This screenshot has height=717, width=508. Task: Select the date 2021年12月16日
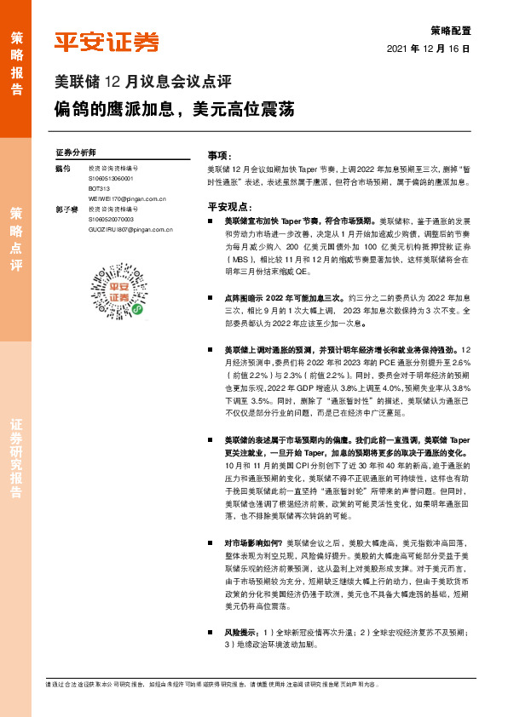click(x=429, y=49)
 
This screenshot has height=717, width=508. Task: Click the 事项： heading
click(x=219, y=156)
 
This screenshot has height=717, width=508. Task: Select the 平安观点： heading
click(x=230, y=206)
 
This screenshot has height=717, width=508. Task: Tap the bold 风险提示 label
click(x=241, y=634)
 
